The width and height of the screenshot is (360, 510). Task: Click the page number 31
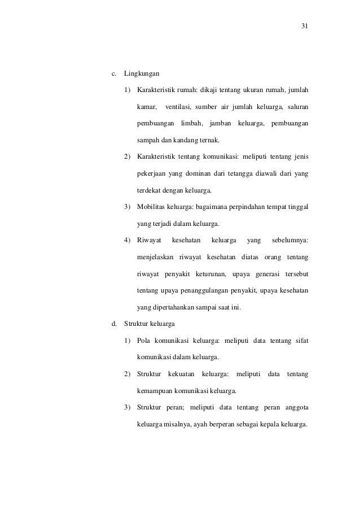click(305, 27)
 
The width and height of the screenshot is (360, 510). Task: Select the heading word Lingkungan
click(142, 74)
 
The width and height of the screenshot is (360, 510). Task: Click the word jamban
click(220, 123)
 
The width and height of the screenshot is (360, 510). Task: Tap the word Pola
click(144, 340)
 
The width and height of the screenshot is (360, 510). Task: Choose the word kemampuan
click(156, 390)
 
